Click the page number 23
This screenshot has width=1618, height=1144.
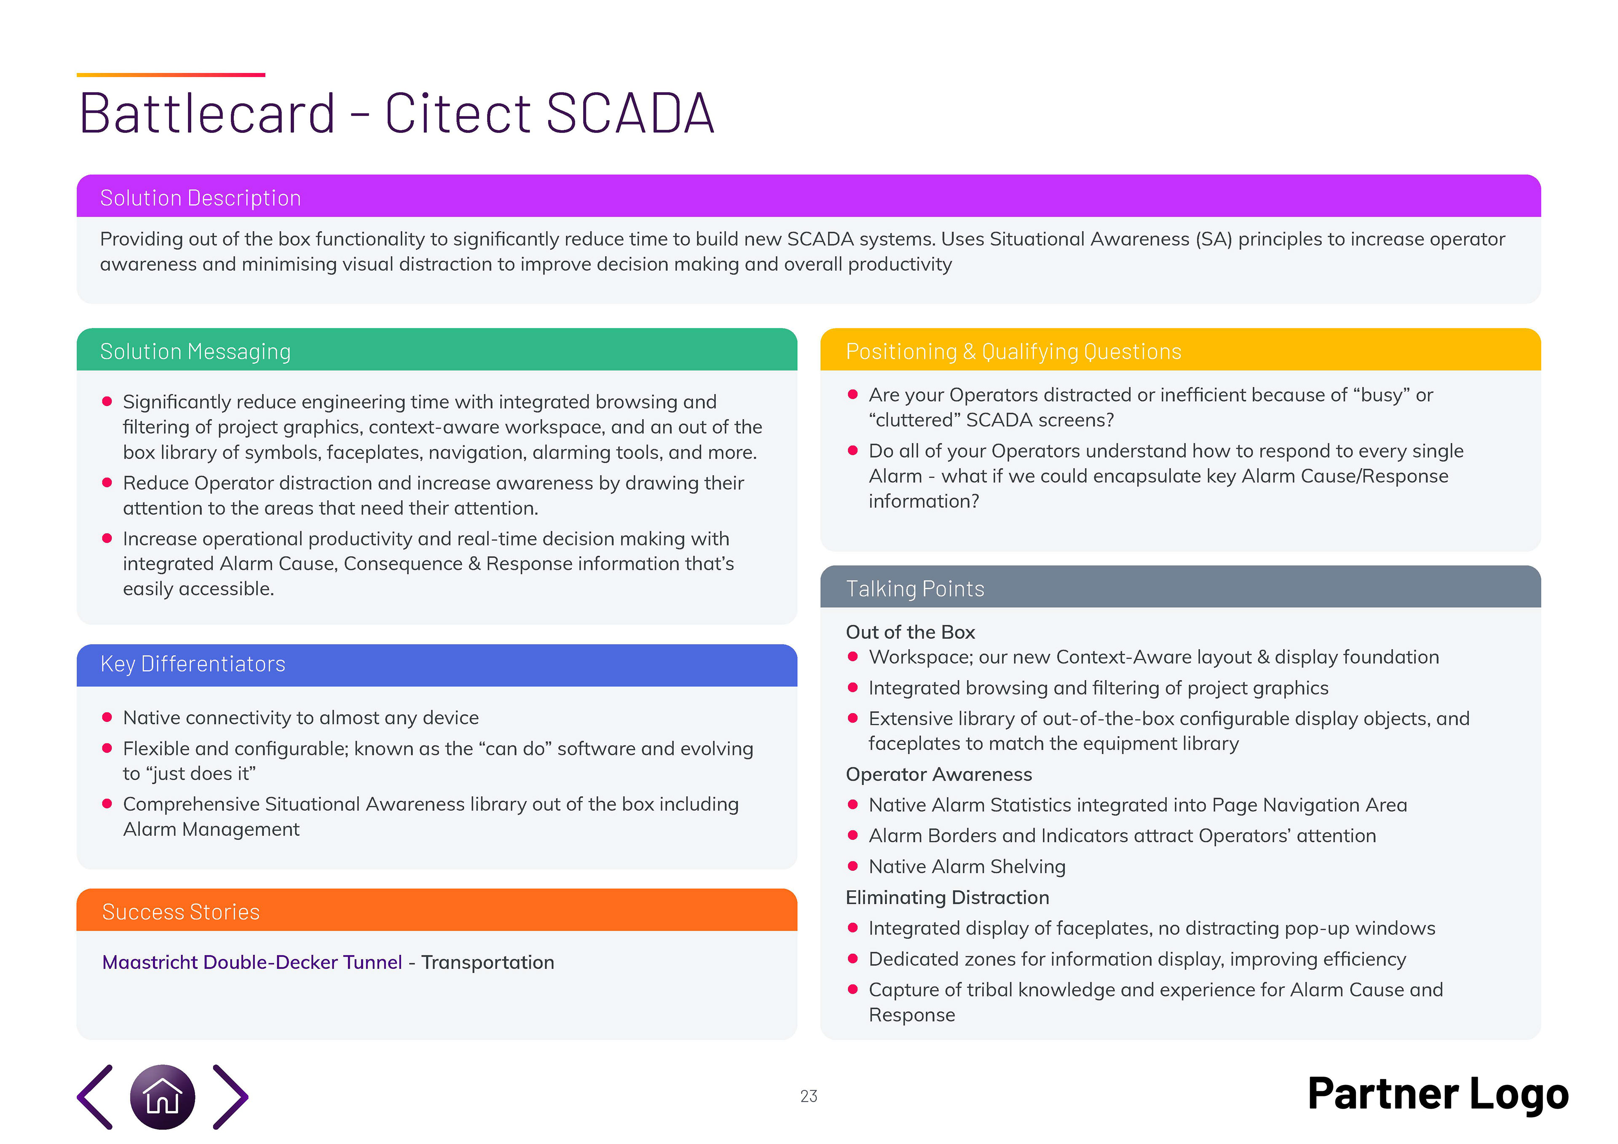pos(808,1096)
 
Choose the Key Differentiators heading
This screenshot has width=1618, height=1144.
pos(193,664)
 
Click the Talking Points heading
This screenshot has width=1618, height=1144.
pos(915,589)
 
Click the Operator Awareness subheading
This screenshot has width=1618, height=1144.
pos(939,774)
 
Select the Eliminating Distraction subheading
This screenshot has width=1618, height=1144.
pos(947,898)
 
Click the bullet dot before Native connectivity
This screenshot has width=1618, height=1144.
pos(107,718)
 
